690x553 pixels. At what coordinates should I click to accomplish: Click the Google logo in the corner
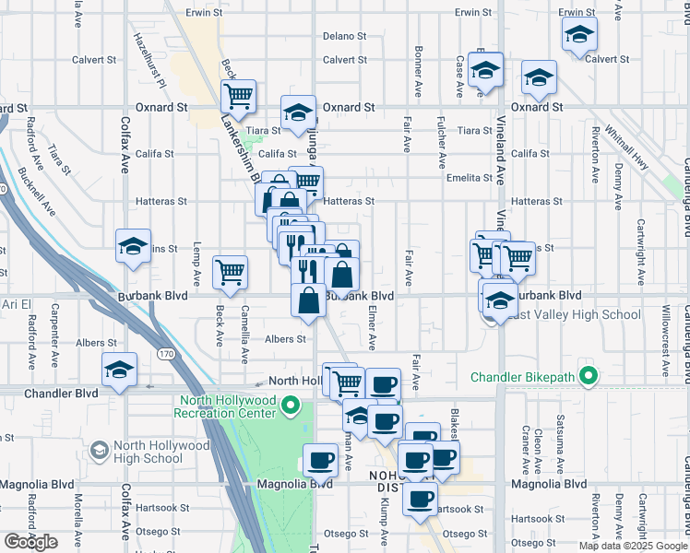(30, 542)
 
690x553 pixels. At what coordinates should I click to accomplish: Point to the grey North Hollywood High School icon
(99, 451)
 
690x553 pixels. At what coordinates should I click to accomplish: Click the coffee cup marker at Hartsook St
(420, 500)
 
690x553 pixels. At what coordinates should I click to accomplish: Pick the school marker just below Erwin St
(579, 36)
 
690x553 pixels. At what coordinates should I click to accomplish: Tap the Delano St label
(344, 37)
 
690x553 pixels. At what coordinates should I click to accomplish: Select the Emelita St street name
(470, 178)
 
